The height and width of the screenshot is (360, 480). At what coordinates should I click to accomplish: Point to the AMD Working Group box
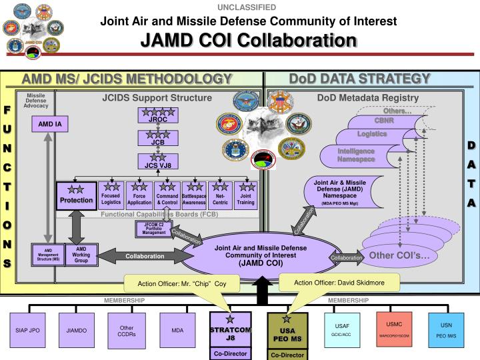[81, 255]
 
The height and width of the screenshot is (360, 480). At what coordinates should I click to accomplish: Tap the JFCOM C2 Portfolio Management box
[153, 229]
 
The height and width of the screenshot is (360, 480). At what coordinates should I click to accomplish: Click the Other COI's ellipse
[403, 255]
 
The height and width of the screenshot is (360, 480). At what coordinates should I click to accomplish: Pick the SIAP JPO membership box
[28, 330]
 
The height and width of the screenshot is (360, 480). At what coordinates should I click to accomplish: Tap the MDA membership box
[177, 330]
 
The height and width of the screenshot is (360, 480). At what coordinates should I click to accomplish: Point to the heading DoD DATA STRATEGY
[360, 79]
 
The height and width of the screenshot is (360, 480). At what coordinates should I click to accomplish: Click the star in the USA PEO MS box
[287, 319]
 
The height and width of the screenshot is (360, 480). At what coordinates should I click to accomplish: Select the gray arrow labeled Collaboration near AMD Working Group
[145, 256]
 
